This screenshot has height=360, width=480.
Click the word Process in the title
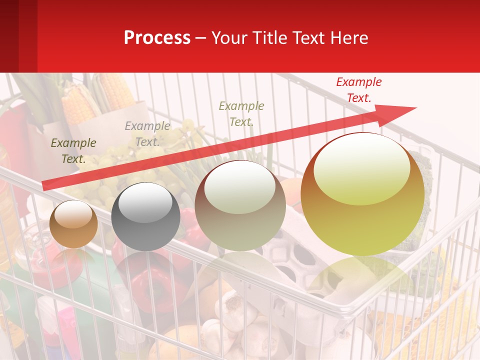pyautogui.click(x=157, y=37)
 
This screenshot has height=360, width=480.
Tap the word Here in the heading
pyautogui.click(x=348, y=37)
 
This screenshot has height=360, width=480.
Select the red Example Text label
pyautogui.click(x=358, y=90)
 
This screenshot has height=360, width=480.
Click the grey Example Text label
pyautogui.click(x=147, y=134)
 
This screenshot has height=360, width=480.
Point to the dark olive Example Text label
pyautogui.click(x=73, y=150)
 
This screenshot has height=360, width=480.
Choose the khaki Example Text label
pyautogui.click(x=241, y=113)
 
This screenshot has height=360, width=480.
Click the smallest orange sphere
pyautogui.click(x=73, y=224)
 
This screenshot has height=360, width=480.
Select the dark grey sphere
pyautogui.click(x=145, y=216)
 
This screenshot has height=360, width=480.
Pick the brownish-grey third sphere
pyautogui.click(x=240, y=206)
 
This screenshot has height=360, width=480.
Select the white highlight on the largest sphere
pyautogui.click(x=361, y=167)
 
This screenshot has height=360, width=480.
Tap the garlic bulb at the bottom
pyautogui.click(x=235, y=305)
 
